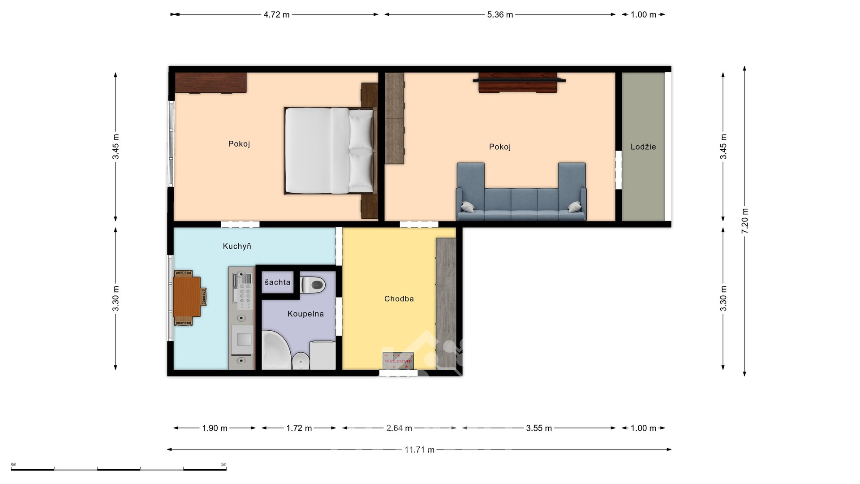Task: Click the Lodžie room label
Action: coord(643,147)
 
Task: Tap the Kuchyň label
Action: coord(237,246)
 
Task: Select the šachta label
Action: coord(277,282)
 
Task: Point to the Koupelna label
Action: coord(305,314)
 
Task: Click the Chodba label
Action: coord(399,299)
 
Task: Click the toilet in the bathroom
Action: coord(313,285)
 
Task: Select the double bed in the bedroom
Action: coord(329,151)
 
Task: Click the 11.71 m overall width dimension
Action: coord(419,449)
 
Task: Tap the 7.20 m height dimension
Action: coord(744,221)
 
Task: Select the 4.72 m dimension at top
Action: coord(276,15)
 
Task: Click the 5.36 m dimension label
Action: coord(500,15)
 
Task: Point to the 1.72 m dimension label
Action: coord(299,428)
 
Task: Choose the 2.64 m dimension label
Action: coord(399,428)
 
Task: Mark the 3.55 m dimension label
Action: coord(538,428)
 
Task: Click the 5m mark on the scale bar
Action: coord(224,465)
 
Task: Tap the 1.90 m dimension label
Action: coord(215,428)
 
